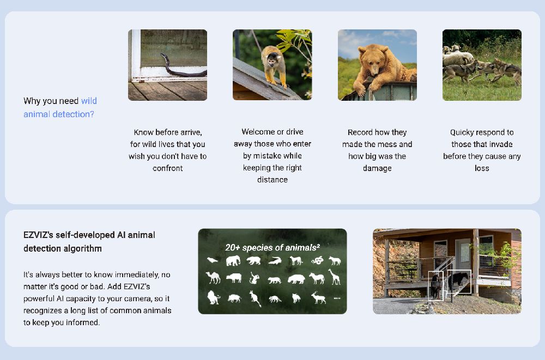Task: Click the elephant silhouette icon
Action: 233,261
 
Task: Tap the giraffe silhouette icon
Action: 335,277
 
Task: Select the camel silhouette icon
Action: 213,278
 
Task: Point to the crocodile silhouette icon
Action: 275,261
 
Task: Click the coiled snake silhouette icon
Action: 317,260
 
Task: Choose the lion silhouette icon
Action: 214,298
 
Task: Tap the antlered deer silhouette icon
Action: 318,298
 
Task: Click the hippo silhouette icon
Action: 296,279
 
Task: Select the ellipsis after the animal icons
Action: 337,298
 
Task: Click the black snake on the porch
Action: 182,67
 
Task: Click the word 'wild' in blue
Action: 89,101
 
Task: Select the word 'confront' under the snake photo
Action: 167,168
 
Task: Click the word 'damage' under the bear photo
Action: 377,168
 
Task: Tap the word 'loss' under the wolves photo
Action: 482,168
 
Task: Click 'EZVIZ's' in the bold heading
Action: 38,235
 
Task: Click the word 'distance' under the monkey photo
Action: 272,180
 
